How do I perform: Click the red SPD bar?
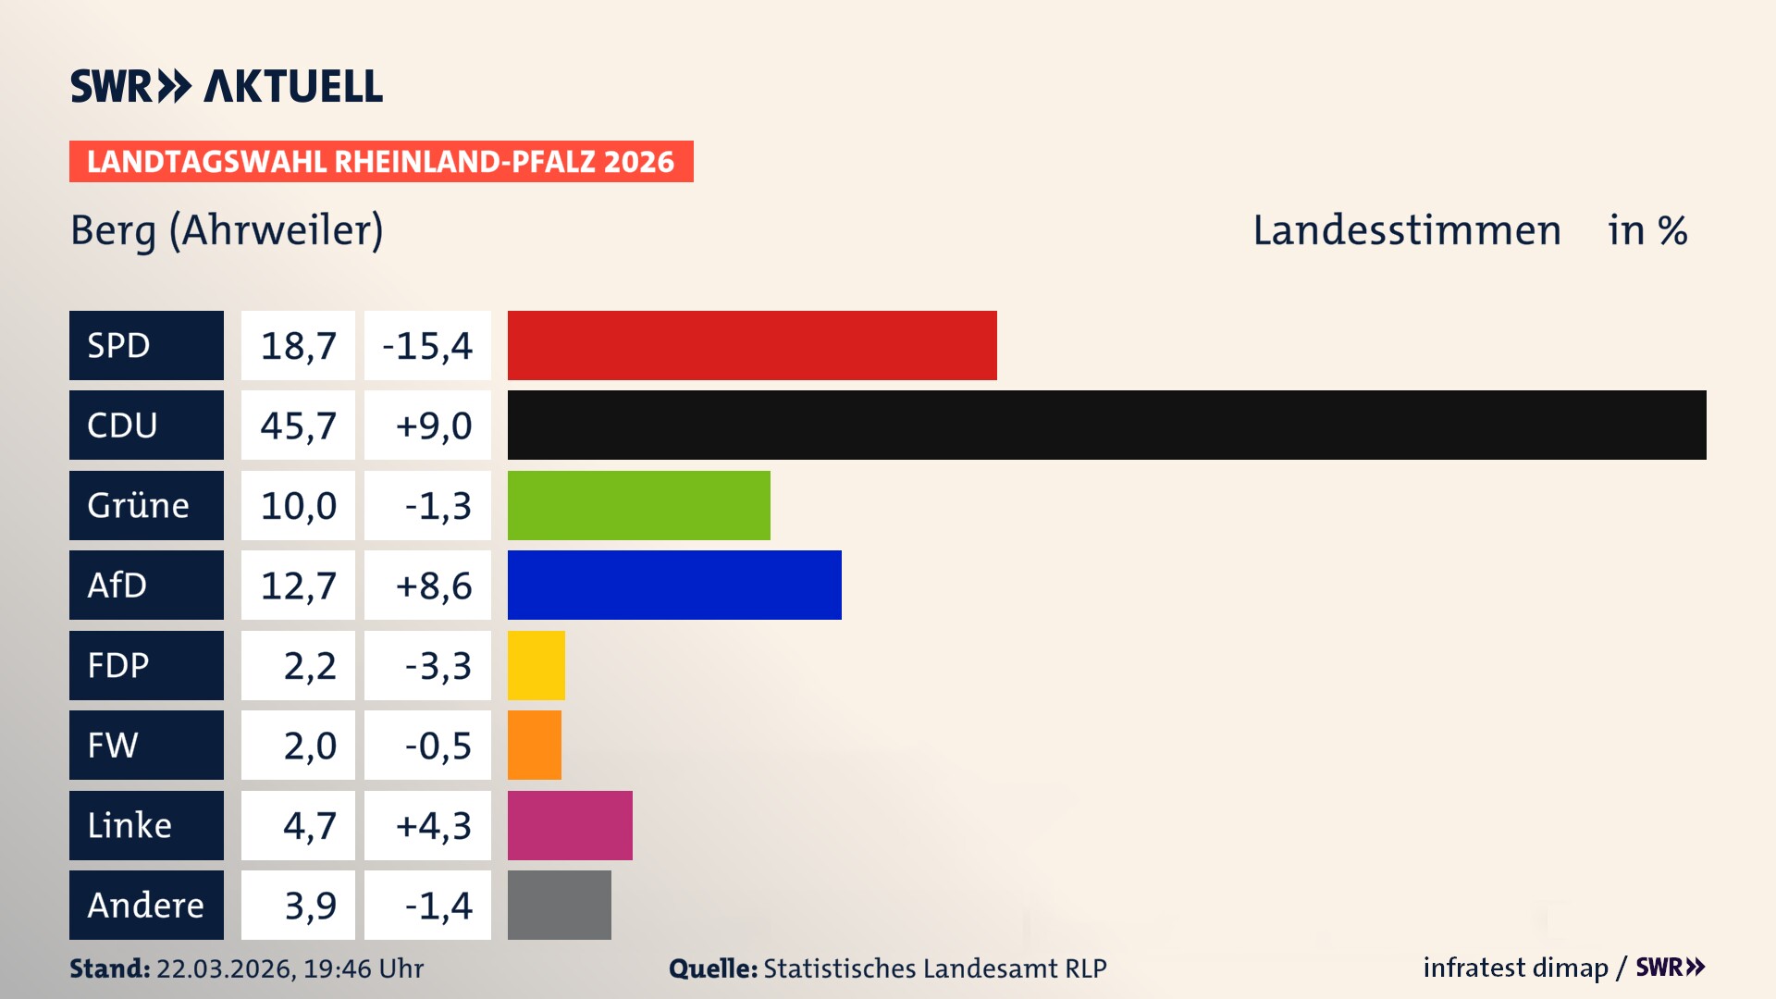[752, 345]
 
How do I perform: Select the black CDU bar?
[1106, 425]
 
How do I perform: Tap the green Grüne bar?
[638, 505]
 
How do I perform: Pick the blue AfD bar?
[674, 585]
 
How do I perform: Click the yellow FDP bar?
[536, 665]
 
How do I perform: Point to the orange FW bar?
[535, 745]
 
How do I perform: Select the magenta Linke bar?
[570, 825]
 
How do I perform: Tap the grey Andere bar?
[560, 905]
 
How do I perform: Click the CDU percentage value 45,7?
[298, 425]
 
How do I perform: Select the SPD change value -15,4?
[427, 345]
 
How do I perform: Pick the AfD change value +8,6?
[433, 585]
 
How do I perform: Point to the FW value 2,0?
[309, 745]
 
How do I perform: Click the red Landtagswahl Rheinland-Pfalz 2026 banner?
[381, 161]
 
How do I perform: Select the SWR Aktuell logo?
[227, 86]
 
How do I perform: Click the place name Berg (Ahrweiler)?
[227, 230]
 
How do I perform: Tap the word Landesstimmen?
[1407, 230]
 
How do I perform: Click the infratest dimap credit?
[1515, 968]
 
